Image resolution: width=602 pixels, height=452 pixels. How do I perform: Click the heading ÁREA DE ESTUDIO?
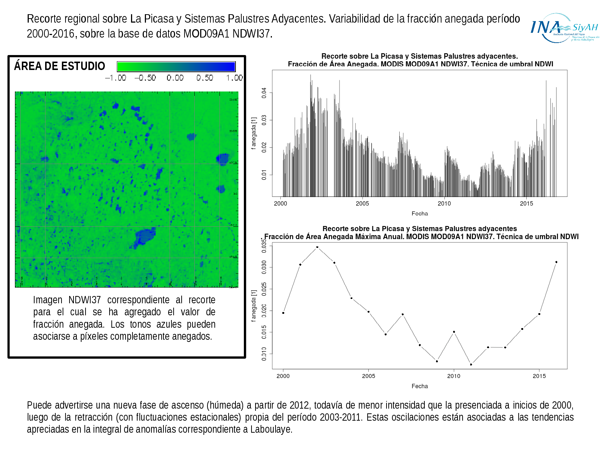click(x=60, y=66)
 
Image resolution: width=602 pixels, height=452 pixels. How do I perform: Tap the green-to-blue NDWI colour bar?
click(x=176, y=67)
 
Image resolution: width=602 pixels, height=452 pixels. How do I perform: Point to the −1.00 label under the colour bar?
click(x=115, y=78)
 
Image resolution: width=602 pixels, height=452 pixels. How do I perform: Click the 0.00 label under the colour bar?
click(x=175, y=78)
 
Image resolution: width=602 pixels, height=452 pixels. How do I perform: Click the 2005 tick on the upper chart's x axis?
click(x=362, y=203)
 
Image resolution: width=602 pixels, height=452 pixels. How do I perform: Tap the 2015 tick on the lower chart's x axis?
click(x=539, y=376)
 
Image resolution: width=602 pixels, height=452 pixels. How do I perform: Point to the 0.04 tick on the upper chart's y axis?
click(x=264, y=93)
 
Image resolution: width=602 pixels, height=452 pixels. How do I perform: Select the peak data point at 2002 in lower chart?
click(x=317, y=247)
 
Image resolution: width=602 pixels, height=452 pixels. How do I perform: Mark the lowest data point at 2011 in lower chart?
click(x=471, y=365)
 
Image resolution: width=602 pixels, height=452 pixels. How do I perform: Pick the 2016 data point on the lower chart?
click(x=556, y=262)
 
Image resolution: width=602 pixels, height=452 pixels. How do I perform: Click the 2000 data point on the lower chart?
click(x=283, y=313)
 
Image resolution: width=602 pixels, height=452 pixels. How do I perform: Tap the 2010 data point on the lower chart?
click(x=454, y=332)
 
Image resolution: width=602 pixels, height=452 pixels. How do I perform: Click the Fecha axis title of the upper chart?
click(x=420, y=214)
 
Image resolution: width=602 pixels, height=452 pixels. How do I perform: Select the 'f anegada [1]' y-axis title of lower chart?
click(x=254, y=306)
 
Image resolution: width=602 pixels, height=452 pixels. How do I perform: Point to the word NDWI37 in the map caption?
click(x=84, y=300)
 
